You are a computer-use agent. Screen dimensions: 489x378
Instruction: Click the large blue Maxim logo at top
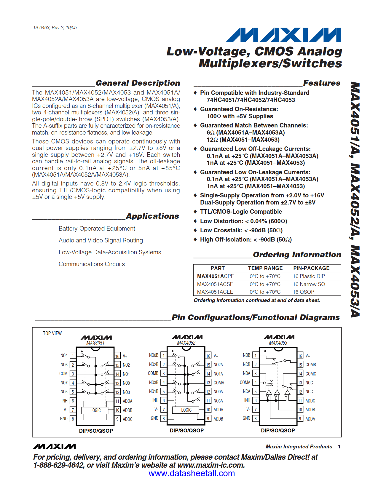[283, 35]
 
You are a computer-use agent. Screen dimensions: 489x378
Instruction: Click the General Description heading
[138, 83]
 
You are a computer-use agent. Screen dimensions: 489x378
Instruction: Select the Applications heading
[152, 216]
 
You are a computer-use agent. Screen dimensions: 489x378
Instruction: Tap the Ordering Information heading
[297, 255]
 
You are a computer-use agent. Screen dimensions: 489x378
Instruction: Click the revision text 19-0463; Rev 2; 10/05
[55, 28]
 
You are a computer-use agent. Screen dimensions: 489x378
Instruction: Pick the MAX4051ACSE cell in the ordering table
[215, 284]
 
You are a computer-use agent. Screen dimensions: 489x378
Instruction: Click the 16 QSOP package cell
[303, 292]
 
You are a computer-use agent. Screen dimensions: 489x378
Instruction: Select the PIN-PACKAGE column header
[311, 268]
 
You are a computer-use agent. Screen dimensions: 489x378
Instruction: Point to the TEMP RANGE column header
[265, 268]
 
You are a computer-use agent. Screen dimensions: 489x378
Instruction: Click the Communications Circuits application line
[92, 264]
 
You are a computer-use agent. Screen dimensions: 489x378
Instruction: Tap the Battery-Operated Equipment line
[97, 228]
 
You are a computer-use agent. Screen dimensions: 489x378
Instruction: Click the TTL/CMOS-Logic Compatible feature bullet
[241, 212]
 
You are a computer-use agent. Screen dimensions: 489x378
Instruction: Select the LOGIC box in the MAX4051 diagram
[95, 410]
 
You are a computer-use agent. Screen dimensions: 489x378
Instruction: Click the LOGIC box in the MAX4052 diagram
[186, 410]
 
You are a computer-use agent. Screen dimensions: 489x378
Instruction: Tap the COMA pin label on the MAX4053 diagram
[245, 382]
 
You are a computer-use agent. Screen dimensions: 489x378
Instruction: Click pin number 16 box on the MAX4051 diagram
[117, 356]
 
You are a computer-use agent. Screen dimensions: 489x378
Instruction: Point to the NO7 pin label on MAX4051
[64, 383]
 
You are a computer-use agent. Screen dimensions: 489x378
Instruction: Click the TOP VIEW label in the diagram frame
[52, 333]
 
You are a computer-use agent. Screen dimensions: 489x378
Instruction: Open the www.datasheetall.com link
[192, 473]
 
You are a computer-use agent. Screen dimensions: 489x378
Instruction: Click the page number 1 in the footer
[339, 447]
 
